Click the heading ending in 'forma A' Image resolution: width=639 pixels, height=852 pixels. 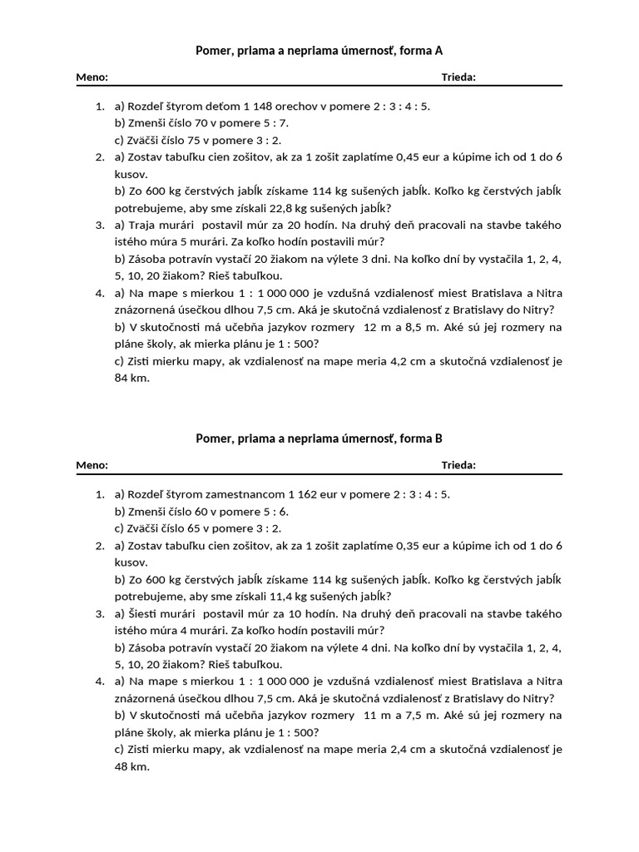coord(319,50)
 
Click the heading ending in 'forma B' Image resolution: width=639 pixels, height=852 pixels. coord(319,438)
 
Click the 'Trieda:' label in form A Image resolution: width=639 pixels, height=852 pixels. coord(458,77)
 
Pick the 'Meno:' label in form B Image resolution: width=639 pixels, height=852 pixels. coord(92,465)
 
